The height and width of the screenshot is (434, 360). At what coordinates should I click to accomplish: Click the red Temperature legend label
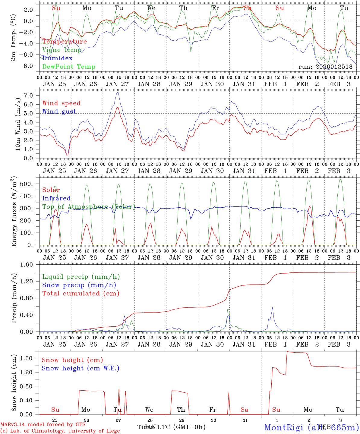click(64, 42)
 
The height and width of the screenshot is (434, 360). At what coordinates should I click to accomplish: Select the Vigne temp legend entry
click(62, 50)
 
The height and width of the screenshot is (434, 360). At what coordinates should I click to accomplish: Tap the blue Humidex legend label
click(57, 58)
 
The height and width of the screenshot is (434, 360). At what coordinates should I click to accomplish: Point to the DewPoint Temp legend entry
click(69, 67)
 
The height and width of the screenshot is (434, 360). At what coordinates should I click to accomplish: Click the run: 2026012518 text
click(325, 67)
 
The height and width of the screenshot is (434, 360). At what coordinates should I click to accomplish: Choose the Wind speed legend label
click(62, 103)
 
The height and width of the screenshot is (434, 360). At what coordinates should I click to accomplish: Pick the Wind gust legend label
click(59, 112)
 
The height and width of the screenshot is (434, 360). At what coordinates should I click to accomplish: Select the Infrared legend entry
click(56, 198)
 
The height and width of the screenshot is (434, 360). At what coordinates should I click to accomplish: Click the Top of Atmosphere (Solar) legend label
click(88, 207)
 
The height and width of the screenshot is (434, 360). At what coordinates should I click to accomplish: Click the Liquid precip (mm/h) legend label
click(81, 277)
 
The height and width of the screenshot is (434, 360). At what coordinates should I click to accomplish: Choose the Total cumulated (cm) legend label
click(81, 293)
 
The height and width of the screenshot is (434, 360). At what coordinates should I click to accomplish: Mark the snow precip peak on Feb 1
click(273, 307)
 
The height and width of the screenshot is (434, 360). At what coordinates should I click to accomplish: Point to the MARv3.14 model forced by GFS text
click(43, 425)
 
